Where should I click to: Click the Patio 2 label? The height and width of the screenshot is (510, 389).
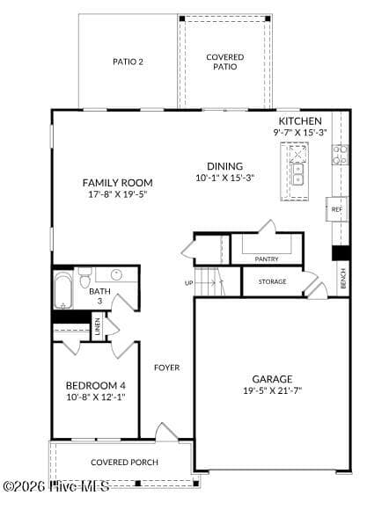(128, 62)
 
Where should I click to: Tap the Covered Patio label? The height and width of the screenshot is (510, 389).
(225, 62)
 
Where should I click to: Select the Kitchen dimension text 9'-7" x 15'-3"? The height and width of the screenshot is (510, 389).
(300, 133)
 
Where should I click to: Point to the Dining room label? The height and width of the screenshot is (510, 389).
(225, 166)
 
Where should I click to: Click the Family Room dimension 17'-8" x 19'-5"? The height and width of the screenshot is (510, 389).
(118, 194)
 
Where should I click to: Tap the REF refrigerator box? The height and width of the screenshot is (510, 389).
(336, 209)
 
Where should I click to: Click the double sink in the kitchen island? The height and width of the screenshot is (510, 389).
(297, 174)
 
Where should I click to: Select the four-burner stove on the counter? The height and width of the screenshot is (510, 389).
(340, 155)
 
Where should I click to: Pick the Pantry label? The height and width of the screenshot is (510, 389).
(267, 259)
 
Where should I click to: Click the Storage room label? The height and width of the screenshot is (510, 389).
(273, 281)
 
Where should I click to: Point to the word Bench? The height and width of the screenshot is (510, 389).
(342, 278)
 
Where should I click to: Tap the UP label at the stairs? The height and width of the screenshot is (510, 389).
(189, 283)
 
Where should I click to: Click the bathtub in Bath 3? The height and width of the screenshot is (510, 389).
(62, 290)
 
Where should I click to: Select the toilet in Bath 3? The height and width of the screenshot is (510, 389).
(85, 278)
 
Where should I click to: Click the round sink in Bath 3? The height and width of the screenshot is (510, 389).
(116, 275)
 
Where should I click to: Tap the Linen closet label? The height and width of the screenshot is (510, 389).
(98, 326)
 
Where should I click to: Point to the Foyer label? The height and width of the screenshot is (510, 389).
(166, 368)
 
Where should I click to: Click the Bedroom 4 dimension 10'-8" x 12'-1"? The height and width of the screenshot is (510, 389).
(96, 397)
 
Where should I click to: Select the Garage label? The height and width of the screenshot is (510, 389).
(272, 379)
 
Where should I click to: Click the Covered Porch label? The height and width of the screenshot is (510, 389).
(124, 463)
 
